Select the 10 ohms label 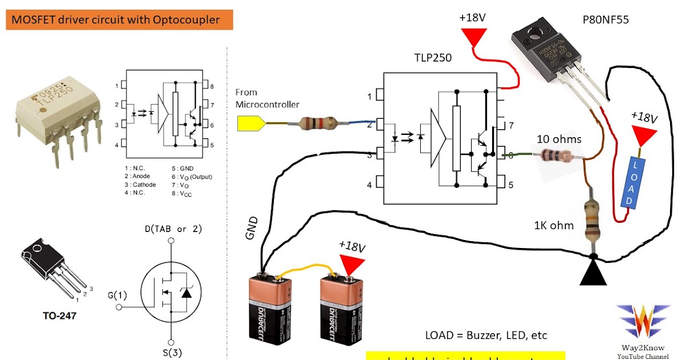pos(559,139)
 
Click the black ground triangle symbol pos(593,271)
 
